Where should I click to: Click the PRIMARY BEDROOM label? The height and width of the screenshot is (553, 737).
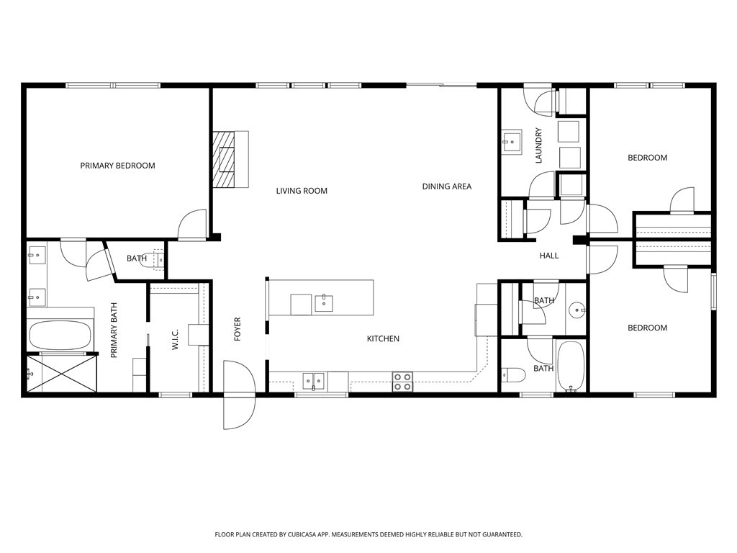117,166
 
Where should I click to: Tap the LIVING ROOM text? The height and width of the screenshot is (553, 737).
302,191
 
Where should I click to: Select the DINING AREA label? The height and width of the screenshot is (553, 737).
446,186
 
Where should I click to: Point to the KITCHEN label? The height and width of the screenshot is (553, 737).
383,338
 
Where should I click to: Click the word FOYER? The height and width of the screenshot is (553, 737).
238,328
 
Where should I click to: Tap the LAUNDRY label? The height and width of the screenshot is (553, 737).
538,145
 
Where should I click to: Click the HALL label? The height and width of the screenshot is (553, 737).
549,256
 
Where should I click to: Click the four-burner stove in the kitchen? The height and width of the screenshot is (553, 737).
403,382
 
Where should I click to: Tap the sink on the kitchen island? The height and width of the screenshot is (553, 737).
324,303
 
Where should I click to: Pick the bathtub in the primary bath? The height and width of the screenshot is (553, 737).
60,336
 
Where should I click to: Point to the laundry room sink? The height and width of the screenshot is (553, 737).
512,142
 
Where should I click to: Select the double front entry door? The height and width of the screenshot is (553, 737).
239,395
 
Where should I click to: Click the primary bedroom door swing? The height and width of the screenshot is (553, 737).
192,225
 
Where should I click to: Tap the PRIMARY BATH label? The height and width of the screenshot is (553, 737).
114,330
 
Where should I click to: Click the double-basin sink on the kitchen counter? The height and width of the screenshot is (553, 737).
315,381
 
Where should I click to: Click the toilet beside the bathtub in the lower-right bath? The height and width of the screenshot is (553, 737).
513,374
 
